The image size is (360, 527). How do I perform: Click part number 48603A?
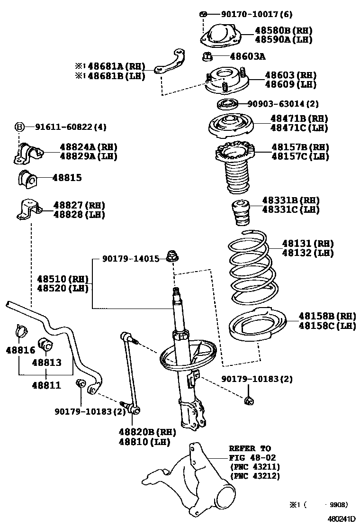[247, 57]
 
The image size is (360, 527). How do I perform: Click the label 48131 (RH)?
[308, 244]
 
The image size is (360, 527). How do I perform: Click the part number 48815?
[67, 178]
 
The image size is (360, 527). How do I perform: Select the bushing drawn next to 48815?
[27, 179]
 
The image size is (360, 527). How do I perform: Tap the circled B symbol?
[19, 127]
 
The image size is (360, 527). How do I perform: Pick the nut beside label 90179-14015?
[172, 256]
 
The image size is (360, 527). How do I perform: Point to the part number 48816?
[20, 350]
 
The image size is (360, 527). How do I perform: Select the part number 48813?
[46, 363]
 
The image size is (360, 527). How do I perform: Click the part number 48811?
[46, 385]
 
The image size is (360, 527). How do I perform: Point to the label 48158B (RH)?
[327, 316]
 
